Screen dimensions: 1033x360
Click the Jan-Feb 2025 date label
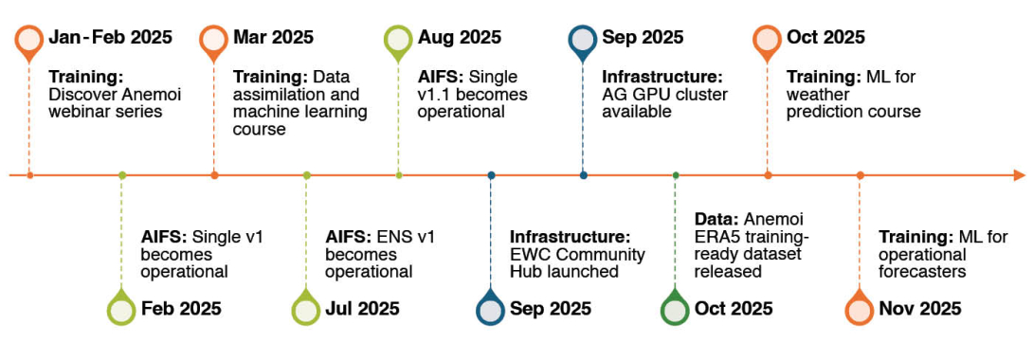point(110,37)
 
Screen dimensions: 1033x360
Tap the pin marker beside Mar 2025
point(213,41)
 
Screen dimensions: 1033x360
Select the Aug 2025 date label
point(460,38)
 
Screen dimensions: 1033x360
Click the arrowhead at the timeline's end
point(1020,175)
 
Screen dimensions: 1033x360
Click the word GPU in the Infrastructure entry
point(644,95)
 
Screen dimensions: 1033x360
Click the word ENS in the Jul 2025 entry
point(390,236)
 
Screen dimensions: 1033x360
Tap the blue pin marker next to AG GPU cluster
point(583,41)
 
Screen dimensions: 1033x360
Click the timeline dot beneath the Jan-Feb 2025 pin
point(29,175)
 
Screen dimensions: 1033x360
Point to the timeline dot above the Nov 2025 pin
point(860,175)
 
